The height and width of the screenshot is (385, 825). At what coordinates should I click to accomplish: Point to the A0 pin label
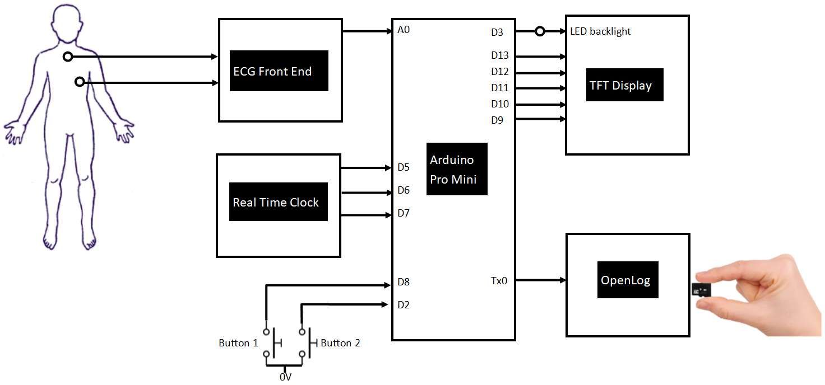(404, 30)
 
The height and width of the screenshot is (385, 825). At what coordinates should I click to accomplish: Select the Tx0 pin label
(498, 280)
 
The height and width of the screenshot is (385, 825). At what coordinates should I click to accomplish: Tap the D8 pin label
(404, 282)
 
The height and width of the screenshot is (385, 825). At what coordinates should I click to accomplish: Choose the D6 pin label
(404, 190)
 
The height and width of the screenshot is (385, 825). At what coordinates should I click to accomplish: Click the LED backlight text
(600, 31)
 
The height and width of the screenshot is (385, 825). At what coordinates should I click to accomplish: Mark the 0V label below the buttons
(286, 377)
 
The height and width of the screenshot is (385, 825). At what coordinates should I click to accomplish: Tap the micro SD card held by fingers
(701, 290)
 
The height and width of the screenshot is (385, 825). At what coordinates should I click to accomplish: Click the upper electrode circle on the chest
(67, 57)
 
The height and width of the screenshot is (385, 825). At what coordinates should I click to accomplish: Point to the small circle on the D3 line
(540, 31)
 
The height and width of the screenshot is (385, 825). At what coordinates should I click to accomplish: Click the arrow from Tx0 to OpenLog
(541, 280)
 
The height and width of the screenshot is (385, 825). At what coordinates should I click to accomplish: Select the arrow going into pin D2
(345, 304)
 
